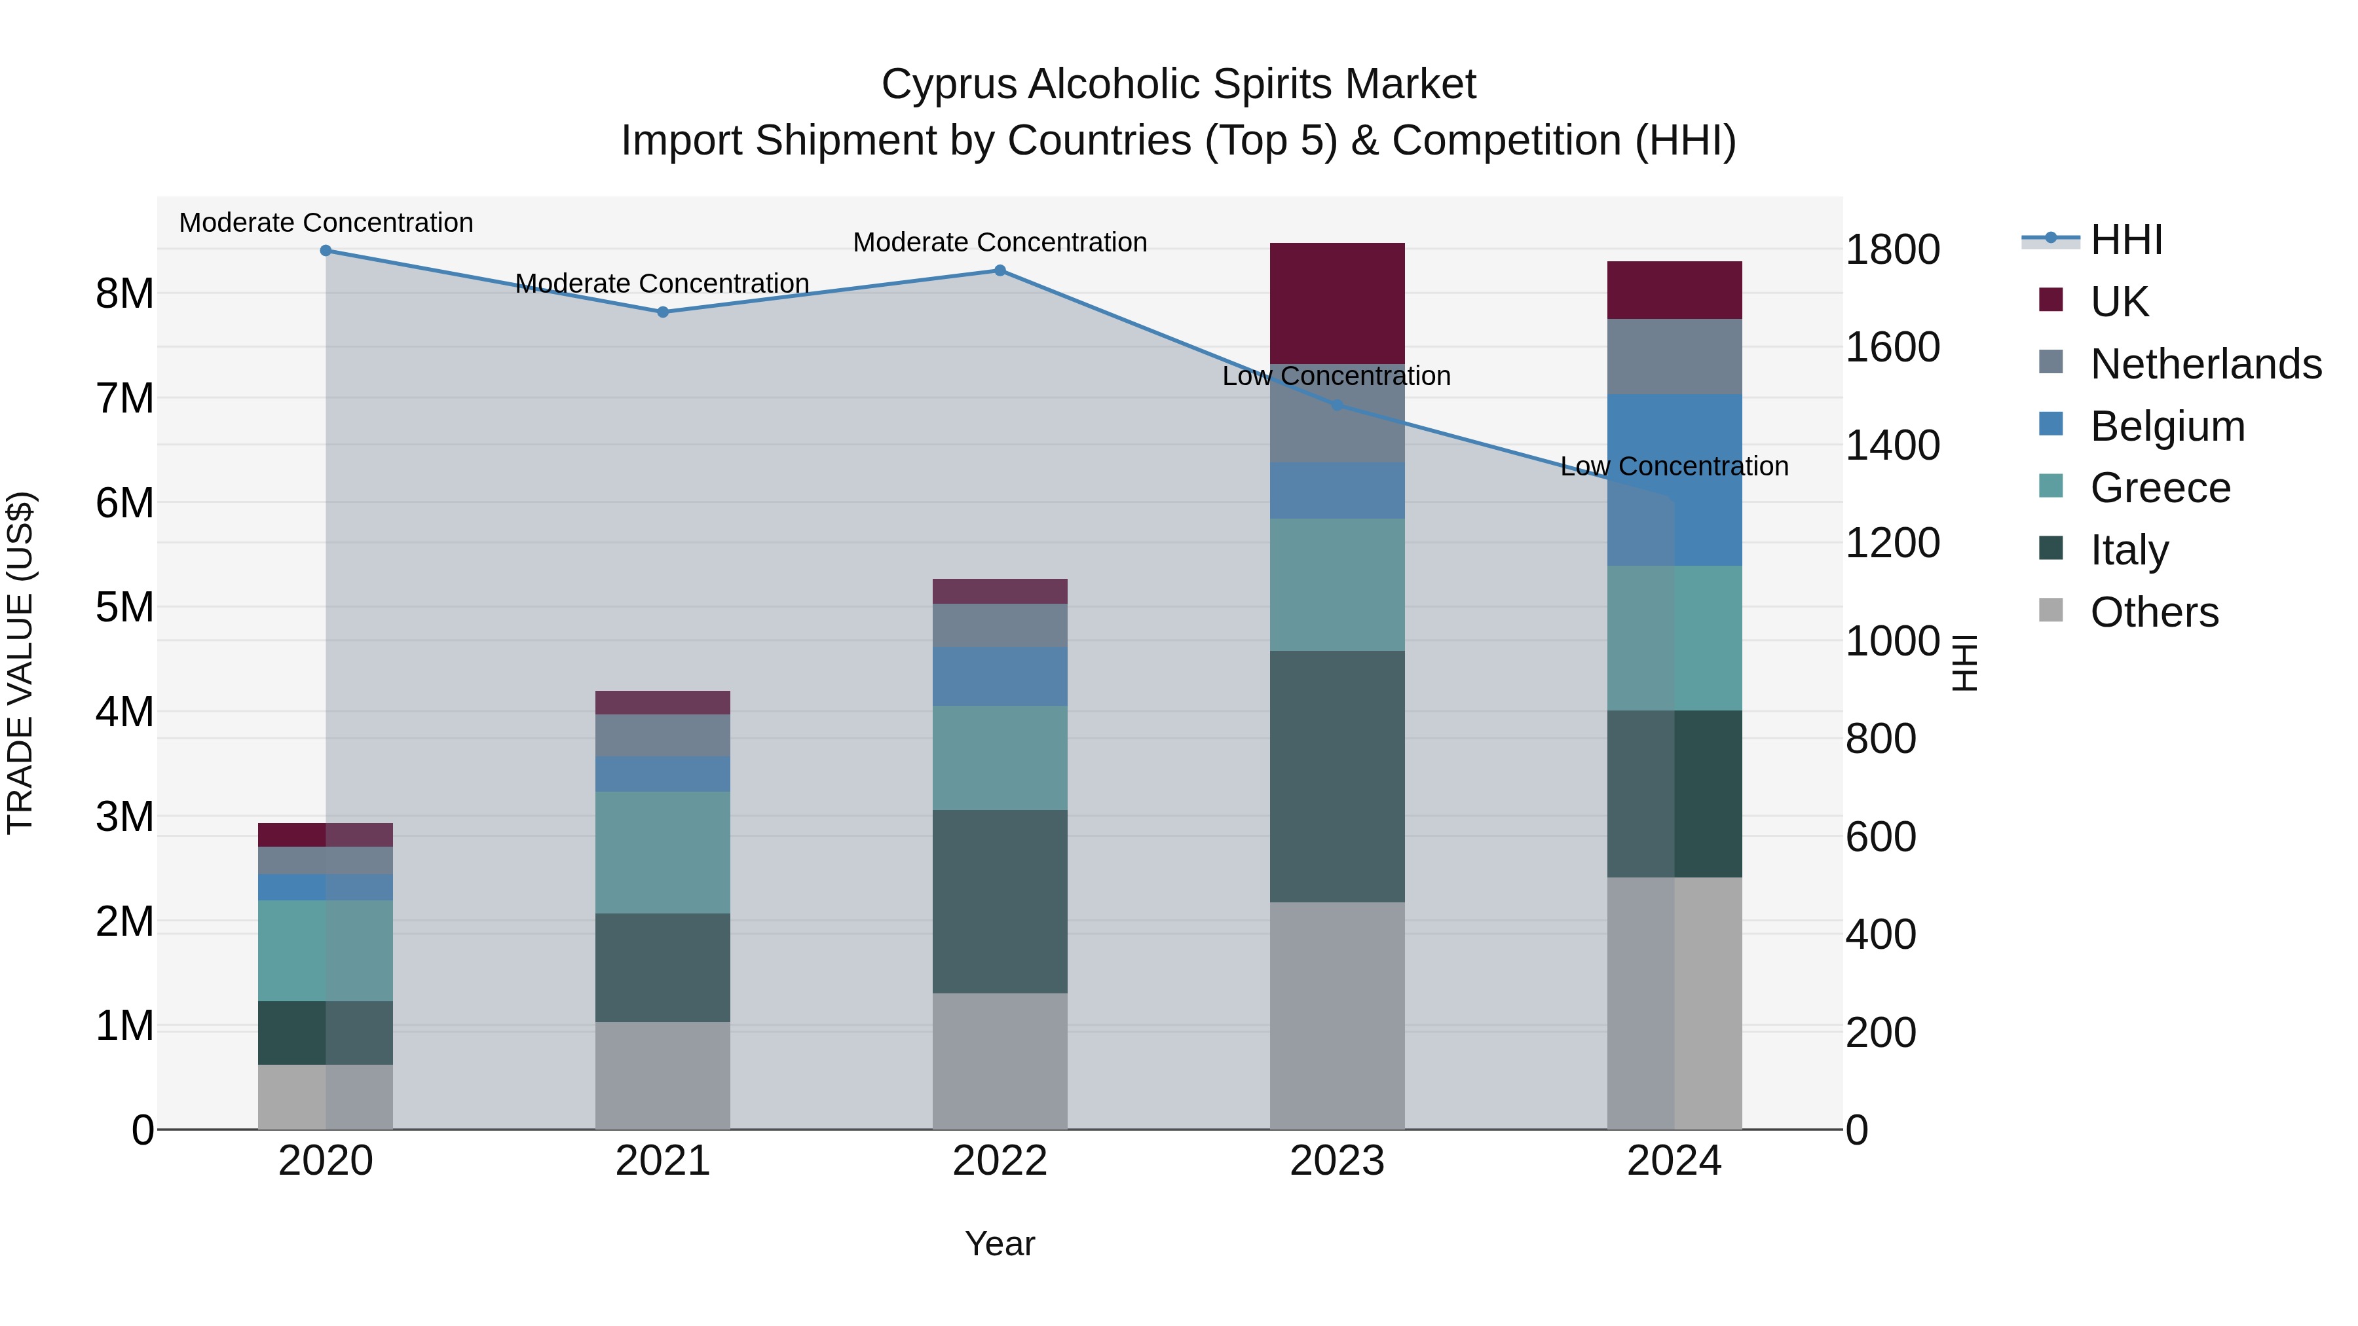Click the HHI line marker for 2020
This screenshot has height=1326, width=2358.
pos(326,251)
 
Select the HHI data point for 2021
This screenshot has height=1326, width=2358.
pos(663,312)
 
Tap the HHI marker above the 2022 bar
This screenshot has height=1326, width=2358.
pos(1000,271)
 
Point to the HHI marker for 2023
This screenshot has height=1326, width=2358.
pos(1336,405)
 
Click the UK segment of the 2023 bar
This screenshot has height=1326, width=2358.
pos(1336,303)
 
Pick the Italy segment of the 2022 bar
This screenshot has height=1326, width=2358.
pos(1000,902)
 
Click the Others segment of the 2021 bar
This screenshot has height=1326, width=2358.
pos(663,1075)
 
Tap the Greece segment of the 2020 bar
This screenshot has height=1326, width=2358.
pos(326,950)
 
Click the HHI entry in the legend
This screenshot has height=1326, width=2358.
pos(2125,240)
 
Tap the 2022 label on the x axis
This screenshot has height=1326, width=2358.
pos(1000,1161)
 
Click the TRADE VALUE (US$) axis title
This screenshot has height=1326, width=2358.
pos(20,663)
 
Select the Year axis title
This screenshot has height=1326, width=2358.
pos(1000,1243)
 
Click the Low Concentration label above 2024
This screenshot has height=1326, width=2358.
pos(1674,467)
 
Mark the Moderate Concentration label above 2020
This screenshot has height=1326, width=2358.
pos(326,223)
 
